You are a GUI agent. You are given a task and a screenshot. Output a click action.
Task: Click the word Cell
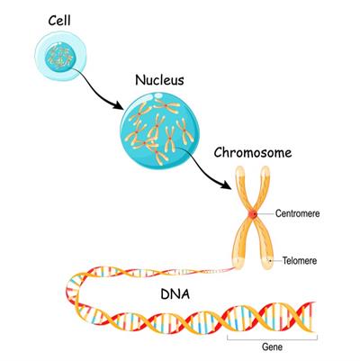[x=59, y=21]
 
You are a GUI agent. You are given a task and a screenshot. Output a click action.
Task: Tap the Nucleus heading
[x=159, y=80]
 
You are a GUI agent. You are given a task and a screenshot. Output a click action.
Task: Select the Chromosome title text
[x=253, y=153]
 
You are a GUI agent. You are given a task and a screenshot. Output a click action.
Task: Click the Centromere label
[x=297, y=213]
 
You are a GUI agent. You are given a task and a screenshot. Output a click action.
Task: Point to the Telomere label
[x=300, y=260]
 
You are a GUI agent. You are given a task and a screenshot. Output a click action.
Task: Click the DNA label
[x=175, y=294]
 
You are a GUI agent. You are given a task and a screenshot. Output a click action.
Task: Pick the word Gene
[x=272, y=347]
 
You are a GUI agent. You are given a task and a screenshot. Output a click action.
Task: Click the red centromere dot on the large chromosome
[x=254, y=214]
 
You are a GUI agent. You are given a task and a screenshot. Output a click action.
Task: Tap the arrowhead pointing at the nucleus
[x=119, y=105]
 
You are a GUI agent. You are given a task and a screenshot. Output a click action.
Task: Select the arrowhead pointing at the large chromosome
[x=227, y=185]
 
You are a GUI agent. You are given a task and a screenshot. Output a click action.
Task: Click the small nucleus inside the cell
[x=59, y=58]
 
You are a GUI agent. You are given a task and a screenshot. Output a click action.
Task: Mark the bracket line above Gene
[x=272, y=338]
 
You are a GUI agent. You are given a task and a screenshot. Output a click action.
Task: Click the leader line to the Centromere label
[x=265, y=213]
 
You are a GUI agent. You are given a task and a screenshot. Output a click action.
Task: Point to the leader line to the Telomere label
[x=275, y=260]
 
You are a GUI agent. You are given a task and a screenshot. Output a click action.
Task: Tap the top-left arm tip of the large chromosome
[x=240, y=170]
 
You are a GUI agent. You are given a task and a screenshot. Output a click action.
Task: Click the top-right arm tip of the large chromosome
[x=265, y=170]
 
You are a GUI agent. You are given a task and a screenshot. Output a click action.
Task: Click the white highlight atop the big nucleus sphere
[x=157, y=95]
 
